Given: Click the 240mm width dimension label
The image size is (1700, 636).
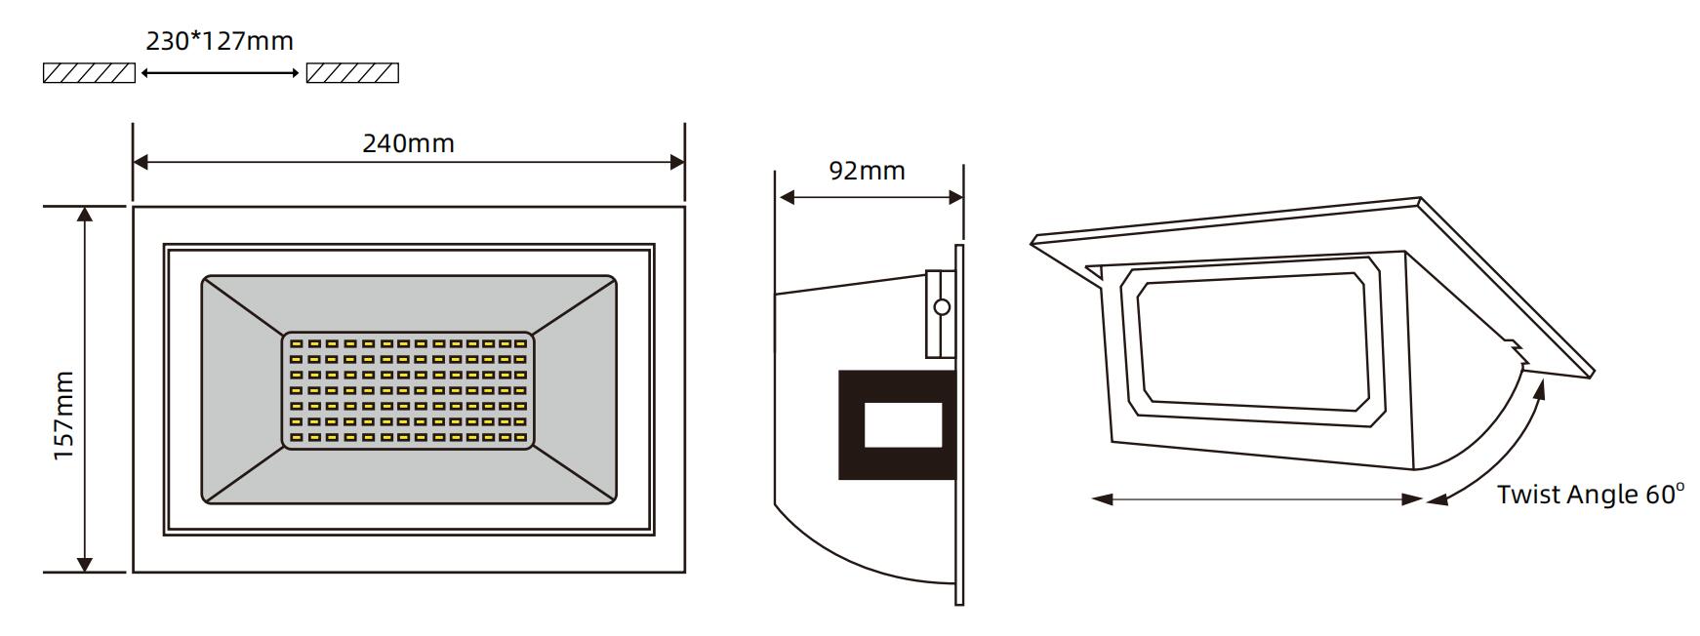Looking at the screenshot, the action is [408, 143].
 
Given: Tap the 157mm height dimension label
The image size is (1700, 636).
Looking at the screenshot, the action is [64, 416].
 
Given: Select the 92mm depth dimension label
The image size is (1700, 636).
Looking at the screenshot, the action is [867, 171].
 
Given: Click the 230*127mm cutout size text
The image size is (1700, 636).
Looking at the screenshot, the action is [220, 41].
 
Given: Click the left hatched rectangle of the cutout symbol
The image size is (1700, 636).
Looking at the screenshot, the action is [89, 73].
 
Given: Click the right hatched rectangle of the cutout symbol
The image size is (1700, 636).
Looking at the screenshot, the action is [352, 73].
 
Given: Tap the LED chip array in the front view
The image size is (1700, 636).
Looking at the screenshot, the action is [409, 391].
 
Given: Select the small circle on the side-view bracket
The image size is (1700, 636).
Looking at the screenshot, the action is [942, 307].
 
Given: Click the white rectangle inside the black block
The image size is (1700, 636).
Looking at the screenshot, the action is [904, 425].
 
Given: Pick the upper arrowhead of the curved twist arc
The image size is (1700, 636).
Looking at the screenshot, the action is [1540, 388].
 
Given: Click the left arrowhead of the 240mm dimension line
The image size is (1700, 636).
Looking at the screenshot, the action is [141, 162].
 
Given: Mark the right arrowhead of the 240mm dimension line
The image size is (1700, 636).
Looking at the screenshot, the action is [677, 162].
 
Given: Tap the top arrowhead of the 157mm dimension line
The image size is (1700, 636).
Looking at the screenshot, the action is [85, 215].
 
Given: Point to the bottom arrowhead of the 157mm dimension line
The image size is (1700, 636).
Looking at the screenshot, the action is [85, 564].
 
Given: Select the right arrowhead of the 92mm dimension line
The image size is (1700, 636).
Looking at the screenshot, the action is [956, 198].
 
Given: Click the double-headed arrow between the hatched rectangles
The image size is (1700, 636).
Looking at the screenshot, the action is [221, 72].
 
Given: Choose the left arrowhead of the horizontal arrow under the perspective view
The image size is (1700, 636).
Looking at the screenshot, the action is [1103, 499].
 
